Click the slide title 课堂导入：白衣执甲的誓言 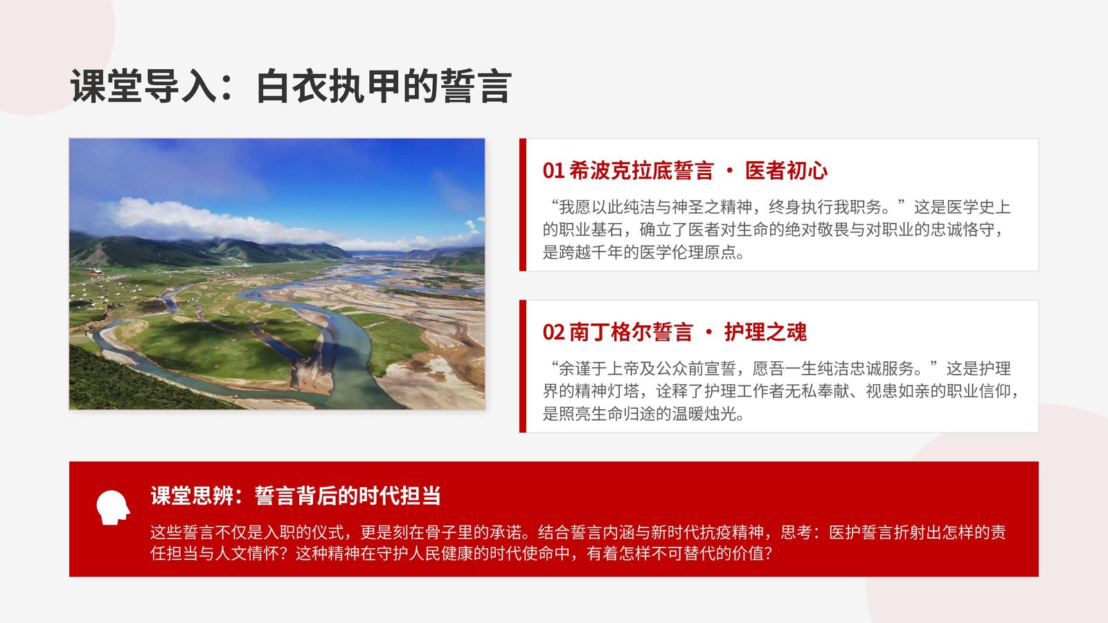[290, 87]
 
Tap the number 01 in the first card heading [553, 171]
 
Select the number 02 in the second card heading [553, 332]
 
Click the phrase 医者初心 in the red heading [786, 171]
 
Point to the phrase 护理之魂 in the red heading [765, 332]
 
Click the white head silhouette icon [114, 507]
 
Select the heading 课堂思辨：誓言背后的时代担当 [295, 496]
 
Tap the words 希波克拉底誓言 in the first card [641, 171]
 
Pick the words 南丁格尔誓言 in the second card [631, 332]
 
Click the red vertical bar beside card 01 [523, 205]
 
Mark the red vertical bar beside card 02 [523, 366]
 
